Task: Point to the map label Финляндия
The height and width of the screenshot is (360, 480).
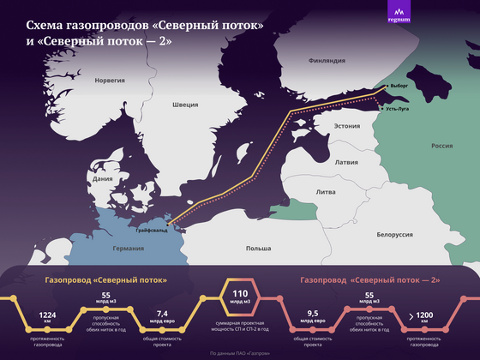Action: (x=327, y=61)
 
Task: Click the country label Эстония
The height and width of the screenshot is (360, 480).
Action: (x=346, y=126)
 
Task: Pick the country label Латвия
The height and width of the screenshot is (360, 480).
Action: (x=346, y=161)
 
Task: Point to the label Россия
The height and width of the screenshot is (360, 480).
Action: (x=441, y=146)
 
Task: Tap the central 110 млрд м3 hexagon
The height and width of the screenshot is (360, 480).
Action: (x=240, y=301)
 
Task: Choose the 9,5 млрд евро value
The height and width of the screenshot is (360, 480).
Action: (x=313, y=316)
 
